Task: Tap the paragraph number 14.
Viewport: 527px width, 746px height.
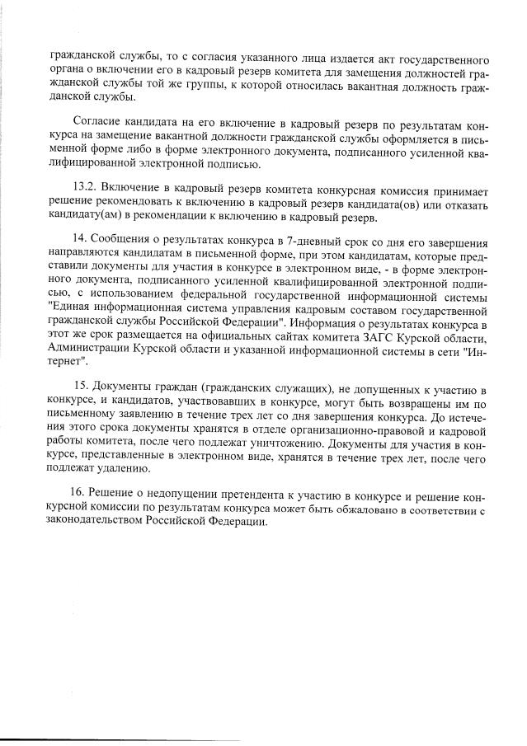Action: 81,242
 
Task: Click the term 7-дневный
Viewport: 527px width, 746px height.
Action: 312,242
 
